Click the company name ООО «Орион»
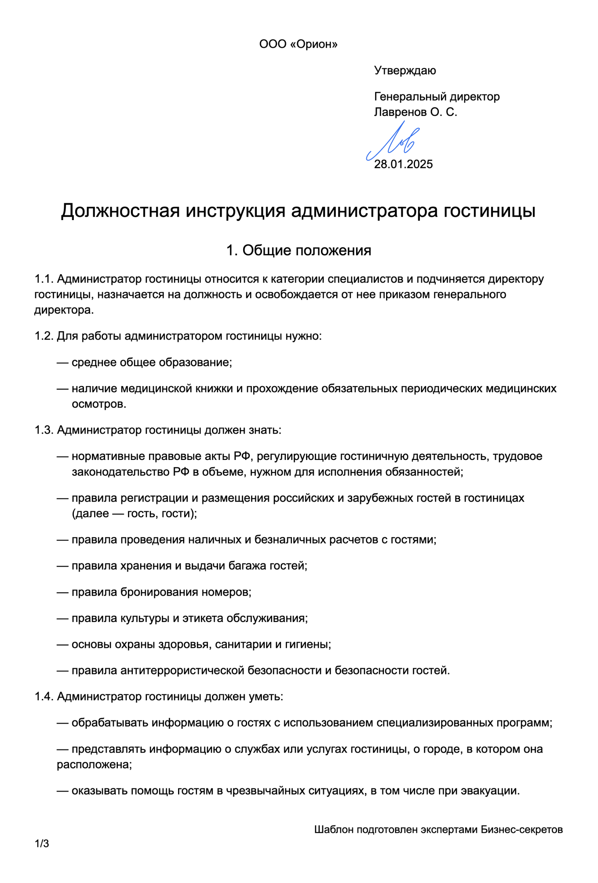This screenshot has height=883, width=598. (x=298, y=44)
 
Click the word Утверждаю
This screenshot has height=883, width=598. (x=405, y=71)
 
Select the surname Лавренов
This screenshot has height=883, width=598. (x=400, y=112)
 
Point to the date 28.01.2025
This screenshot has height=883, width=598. (x=403, y=164)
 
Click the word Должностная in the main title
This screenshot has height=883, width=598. (x=120, y=211)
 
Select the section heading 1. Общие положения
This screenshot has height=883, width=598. (x=299, y=250)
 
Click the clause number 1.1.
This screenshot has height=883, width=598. (x=44, y=279)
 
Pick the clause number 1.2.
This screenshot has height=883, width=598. (x=44, y=337)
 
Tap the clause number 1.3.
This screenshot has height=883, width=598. (x=44, y=430)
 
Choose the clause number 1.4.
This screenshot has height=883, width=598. (x=44, y=697)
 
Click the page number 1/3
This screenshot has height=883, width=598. (x=42, y=843)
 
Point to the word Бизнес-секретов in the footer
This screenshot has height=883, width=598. (x=521, y=829)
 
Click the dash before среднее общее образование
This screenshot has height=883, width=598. (x=62, y=363)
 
